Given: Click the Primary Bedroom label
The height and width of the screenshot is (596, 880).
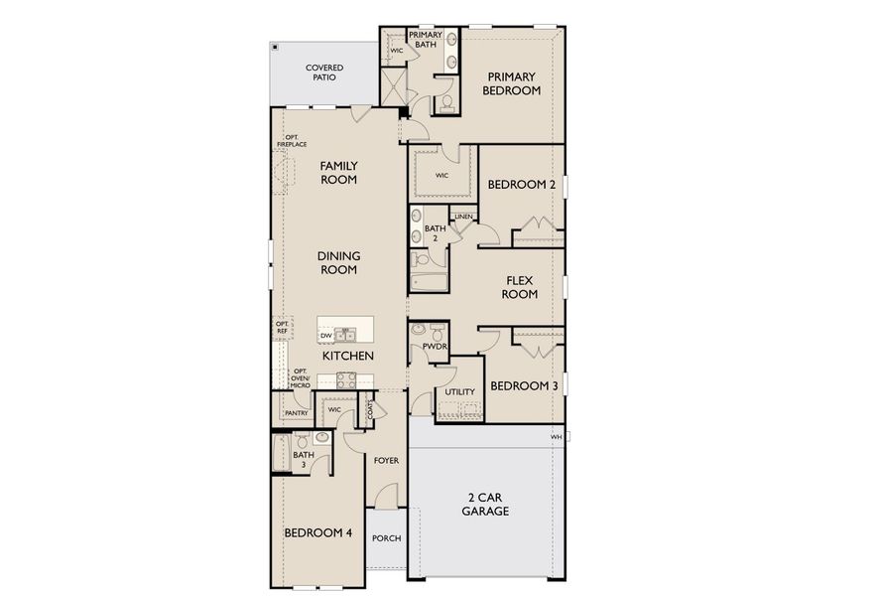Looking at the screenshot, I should [511, 83].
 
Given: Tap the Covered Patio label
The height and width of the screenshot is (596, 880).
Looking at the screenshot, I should [324, 73].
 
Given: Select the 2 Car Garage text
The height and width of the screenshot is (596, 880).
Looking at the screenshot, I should [485, 504].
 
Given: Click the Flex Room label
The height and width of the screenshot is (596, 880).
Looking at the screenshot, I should [519, 287].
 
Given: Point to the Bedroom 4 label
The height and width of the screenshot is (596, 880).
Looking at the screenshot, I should [318, 532].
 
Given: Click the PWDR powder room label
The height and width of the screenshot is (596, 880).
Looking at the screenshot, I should [434, 347].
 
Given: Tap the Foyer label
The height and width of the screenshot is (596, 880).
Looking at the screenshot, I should [386, 461].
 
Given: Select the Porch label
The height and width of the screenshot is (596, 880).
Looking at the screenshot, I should [386, 539].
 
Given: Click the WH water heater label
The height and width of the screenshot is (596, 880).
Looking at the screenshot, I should [556, 436].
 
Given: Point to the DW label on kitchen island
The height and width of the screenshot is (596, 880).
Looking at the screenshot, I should [324, 336].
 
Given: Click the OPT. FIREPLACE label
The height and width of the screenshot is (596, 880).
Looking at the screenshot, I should [292, 141].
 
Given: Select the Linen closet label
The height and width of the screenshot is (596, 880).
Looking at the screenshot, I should [463, 217].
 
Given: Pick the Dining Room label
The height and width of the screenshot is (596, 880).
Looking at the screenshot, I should [337, 262].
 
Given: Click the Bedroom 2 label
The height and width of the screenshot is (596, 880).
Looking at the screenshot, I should [521, 185].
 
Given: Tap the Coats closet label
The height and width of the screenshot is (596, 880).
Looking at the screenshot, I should [371, 408].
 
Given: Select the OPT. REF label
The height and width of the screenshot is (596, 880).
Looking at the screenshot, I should [282, 328].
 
